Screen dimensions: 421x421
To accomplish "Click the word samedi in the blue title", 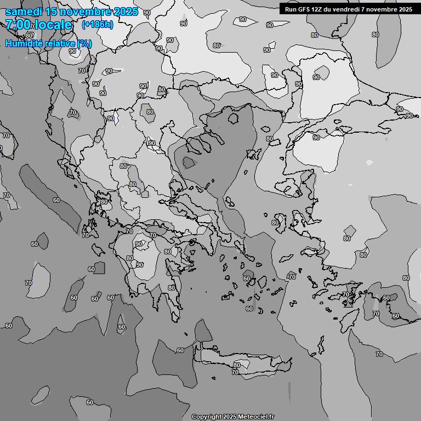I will point(24,12).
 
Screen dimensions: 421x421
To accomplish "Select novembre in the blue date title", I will point(87,12).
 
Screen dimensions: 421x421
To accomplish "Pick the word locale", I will point(53,25).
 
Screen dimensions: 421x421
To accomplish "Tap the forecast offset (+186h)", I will point(97,25).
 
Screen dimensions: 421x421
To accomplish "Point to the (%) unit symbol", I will point(84,43).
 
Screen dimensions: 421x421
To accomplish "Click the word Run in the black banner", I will point(291,9).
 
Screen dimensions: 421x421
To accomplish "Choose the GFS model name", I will point(304,9).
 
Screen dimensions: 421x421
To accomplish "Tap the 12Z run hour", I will point(318,9).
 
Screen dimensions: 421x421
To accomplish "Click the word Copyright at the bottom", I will point(206,417).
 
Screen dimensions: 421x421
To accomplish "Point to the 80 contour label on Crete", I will point(237,365).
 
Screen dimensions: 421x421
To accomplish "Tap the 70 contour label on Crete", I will point(235,372).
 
